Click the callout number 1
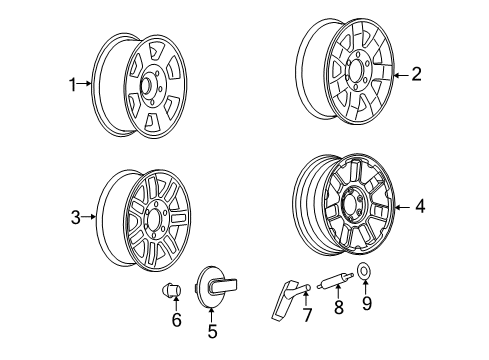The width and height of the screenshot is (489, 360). click(73, 86)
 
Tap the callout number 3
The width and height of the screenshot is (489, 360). click(76, 215)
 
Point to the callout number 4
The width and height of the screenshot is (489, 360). click(420, 207)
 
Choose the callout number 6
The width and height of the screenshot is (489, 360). click(177, 321)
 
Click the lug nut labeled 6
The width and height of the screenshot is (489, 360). click(173, 292)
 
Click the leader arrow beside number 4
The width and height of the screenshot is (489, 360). click(402, 207)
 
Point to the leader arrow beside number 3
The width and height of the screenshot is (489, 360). click(91, 215)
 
